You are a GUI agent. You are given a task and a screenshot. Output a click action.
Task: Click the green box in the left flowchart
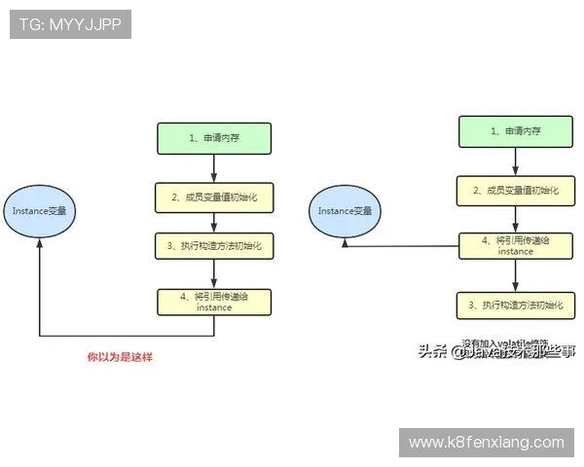[214, 138]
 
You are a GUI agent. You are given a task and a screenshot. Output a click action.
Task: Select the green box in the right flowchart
[515, 130]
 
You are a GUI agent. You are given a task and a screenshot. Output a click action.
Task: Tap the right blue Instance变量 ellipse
[345, 210]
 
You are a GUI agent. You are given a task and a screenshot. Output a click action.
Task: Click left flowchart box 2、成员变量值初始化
[214, 198]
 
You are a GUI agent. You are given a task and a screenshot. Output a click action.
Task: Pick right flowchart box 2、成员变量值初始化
[515, 190]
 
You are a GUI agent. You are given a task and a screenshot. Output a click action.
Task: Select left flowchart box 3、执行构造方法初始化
[214, 246]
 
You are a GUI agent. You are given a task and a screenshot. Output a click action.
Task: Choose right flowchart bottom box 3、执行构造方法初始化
[515, 305]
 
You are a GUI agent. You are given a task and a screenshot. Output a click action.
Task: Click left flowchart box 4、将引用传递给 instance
[214, 301]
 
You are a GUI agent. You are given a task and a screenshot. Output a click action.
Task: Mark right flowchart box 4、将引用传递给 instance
[515, 245]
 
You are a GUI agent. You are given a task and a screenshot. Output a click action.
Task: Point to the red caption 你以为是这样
[121, 357]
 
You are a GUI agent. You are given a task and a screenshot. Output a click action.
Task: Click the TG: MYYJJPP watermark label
[70, 24]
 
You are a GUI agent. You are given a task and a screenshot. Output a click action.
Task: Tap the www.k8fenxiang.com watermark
[486, 443]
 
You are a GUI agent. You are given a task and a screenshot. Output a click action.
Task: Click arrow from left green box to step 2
[214, 167]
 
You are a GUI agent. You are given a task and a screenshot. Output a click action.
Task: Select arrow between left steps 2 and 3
[214, 223]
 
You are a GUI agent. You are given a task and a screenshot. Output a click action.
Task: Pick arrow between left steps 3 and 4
[214, 273]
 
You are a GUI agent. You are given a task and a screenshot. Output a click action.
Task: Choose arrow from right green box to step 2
[515, 162]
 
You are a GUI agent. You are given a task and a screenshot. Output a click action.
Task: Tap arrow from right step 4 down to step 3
[515, 275]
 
